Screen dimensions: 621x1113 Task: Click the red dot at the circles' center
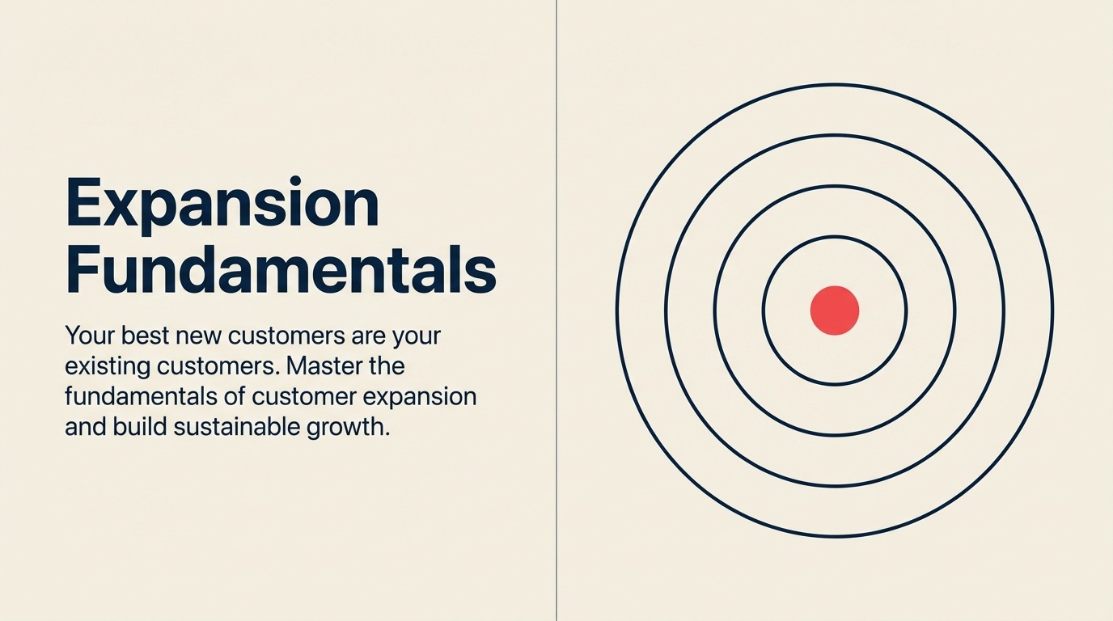[x=834, y=310]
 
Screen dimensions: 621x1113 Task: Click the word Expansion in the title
[x=222, y=205]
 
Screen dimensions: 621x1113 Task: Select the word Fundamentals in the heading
[x=280, y=272]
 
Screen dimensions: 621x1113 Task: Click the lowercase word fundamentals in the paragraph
[x=133, y=397]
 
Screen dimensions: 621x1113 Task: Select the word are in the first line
[x=362, y=336]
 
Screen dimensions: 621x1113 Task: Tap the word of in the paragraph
[x=233, y=397]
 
